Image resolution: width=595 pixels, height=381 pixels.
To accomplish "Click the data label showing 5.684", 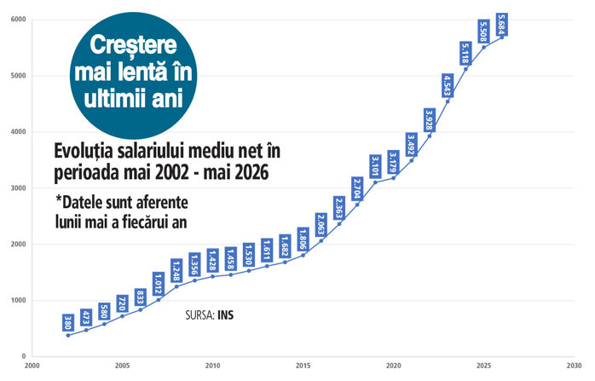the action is (x=502, y=24).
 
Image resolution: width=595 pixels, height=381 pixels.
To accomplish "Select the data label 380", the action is (x=68, y=322).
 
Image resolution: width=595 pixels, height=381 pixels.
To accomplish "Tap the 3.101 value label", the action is (x=376, y=166).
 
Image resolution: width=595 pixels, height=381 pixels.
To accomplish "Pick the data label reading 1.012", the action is (x=159, y=284).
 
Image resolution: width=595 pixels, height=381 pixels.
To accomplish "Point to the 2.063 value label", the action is (x=321, y=225).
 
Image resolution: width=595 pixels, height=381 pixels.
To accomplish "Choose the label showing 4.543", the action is (x=448, y=85).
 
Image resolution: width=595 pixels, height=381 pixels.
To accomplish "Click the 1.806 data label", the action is (x=303, y=239).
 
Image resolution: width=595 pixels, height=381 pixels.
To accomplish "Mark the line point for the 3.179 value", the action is (x=394, y=178).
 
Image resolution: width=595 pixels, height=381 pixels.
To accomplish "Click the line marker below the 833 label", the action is (x=141, y=309).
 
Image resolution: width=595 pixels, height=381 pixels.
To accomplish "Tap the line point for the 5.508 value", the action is (x=484, y=47).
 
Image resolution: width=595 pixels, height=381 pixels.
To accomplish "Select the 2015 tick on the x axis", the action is (x=303, y=366).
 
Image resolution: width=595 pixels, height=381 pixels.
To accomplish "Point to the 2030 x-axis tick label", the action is (x=575, y=366).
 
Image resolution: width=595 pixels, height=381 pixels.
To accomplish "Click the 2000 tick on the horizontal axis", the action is (x=32, y=366).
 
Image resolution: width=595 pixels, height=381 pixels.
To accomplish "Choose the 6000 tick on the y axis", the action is (x=18, y=20).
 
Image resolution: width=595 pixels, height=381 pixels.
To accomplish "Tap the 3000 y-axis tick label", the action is (x=18, y=188).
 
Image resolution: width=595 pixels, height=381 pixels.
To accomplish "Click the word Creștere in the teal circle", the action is (x=133, y=45).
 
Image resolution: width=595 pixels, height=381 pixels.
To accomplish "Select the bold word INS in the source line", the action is (x=226, y=315).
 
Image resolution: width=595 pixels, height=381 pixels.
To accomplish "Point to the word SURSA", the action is (x=200, y=315).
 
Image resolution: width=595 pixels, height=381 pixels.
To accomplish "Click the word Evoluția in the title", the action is (x=84, y=151).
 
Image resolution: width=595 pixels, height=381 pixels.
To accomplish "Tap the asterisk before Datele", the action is (x=59, y=199).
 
